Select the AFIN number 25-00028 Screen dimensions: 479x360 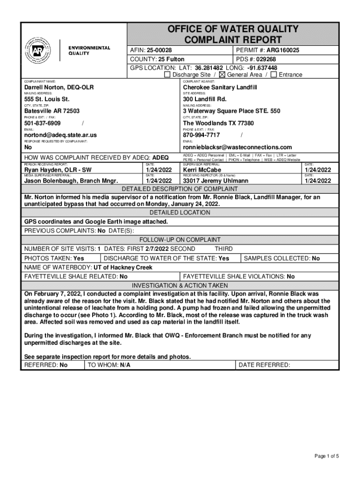click(159, 50)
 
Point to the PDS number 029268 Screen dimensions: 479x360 click(262, 59)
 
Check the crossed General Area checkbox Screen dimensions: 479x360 click(222, 75)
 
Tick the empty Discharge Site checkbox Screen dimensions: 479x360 click(167, 75)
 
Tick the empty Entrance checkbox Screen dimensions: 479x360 click(274, 75)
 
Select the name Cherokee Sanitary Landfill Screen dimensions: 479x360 click(220, 87)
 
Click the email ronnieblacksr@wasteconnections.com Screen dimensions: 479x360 click(237, 147)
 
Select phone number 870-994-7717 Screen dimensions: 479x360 click(201, 135)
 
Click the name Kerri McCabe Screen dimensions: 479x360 click(202, 170)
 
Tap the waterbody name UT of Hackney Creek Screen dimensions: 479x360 click(123, 268)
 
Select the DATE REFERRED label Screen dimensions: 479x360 click(265, 365)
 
